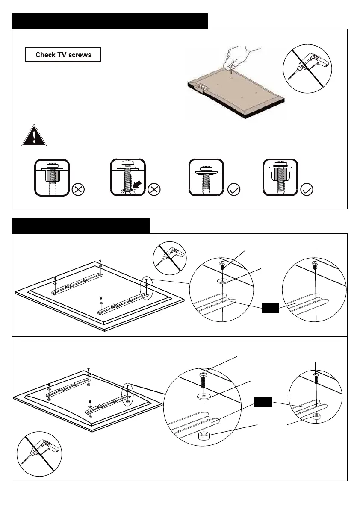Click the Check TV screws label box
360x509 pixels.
[63, 55]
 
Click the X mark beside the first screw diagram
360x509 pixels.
[78, 190]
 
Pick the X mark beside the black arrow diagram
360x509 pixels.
[154, 190]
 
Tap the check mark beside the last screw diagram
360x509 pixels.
[307, 190]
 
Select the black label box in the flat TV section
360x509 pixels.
[270, 307]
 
